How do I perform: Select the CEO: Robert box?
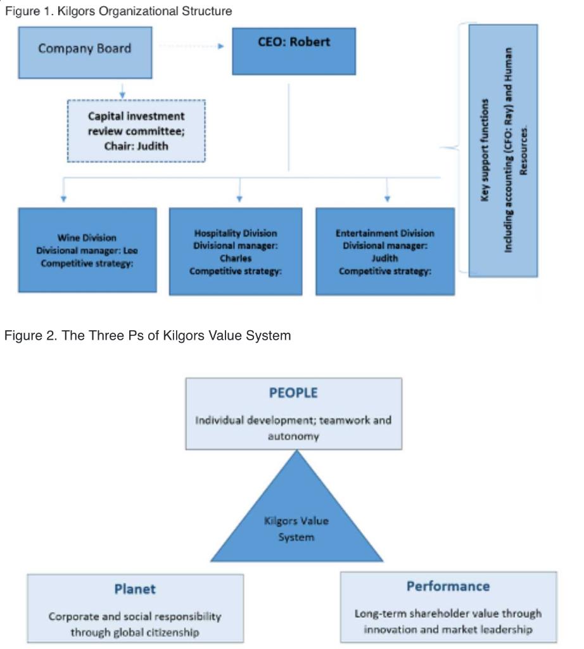point(294,51)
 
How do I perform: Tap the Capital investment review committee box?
point(136,131)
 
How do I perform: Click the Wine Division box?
point(87,250)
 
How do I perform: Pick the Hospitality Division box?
point(236,251)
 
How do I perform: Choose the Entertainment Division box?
point(385,251)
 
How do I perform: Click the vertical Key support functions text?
point(485,150)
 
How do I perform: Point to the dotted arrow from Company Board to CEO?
point(190,46)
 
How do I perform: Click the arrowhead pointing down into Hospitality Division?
point(239,199)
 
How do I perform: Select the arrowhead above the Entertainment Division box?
point(387,199)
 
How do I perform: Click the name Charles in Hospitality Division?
point(236,258)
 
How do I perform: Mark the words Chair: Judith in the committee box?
point(136,146)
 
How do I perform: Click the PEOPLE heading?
point(293,393)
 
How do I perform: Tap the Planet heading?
point(135,589)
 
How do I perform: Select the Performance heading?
point(448,586)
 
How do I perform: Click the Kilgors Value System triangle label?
point(296,529)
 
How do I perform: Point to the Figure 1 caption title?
point(118,11)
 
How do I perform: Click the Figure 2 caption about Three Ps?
point(148,335)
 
